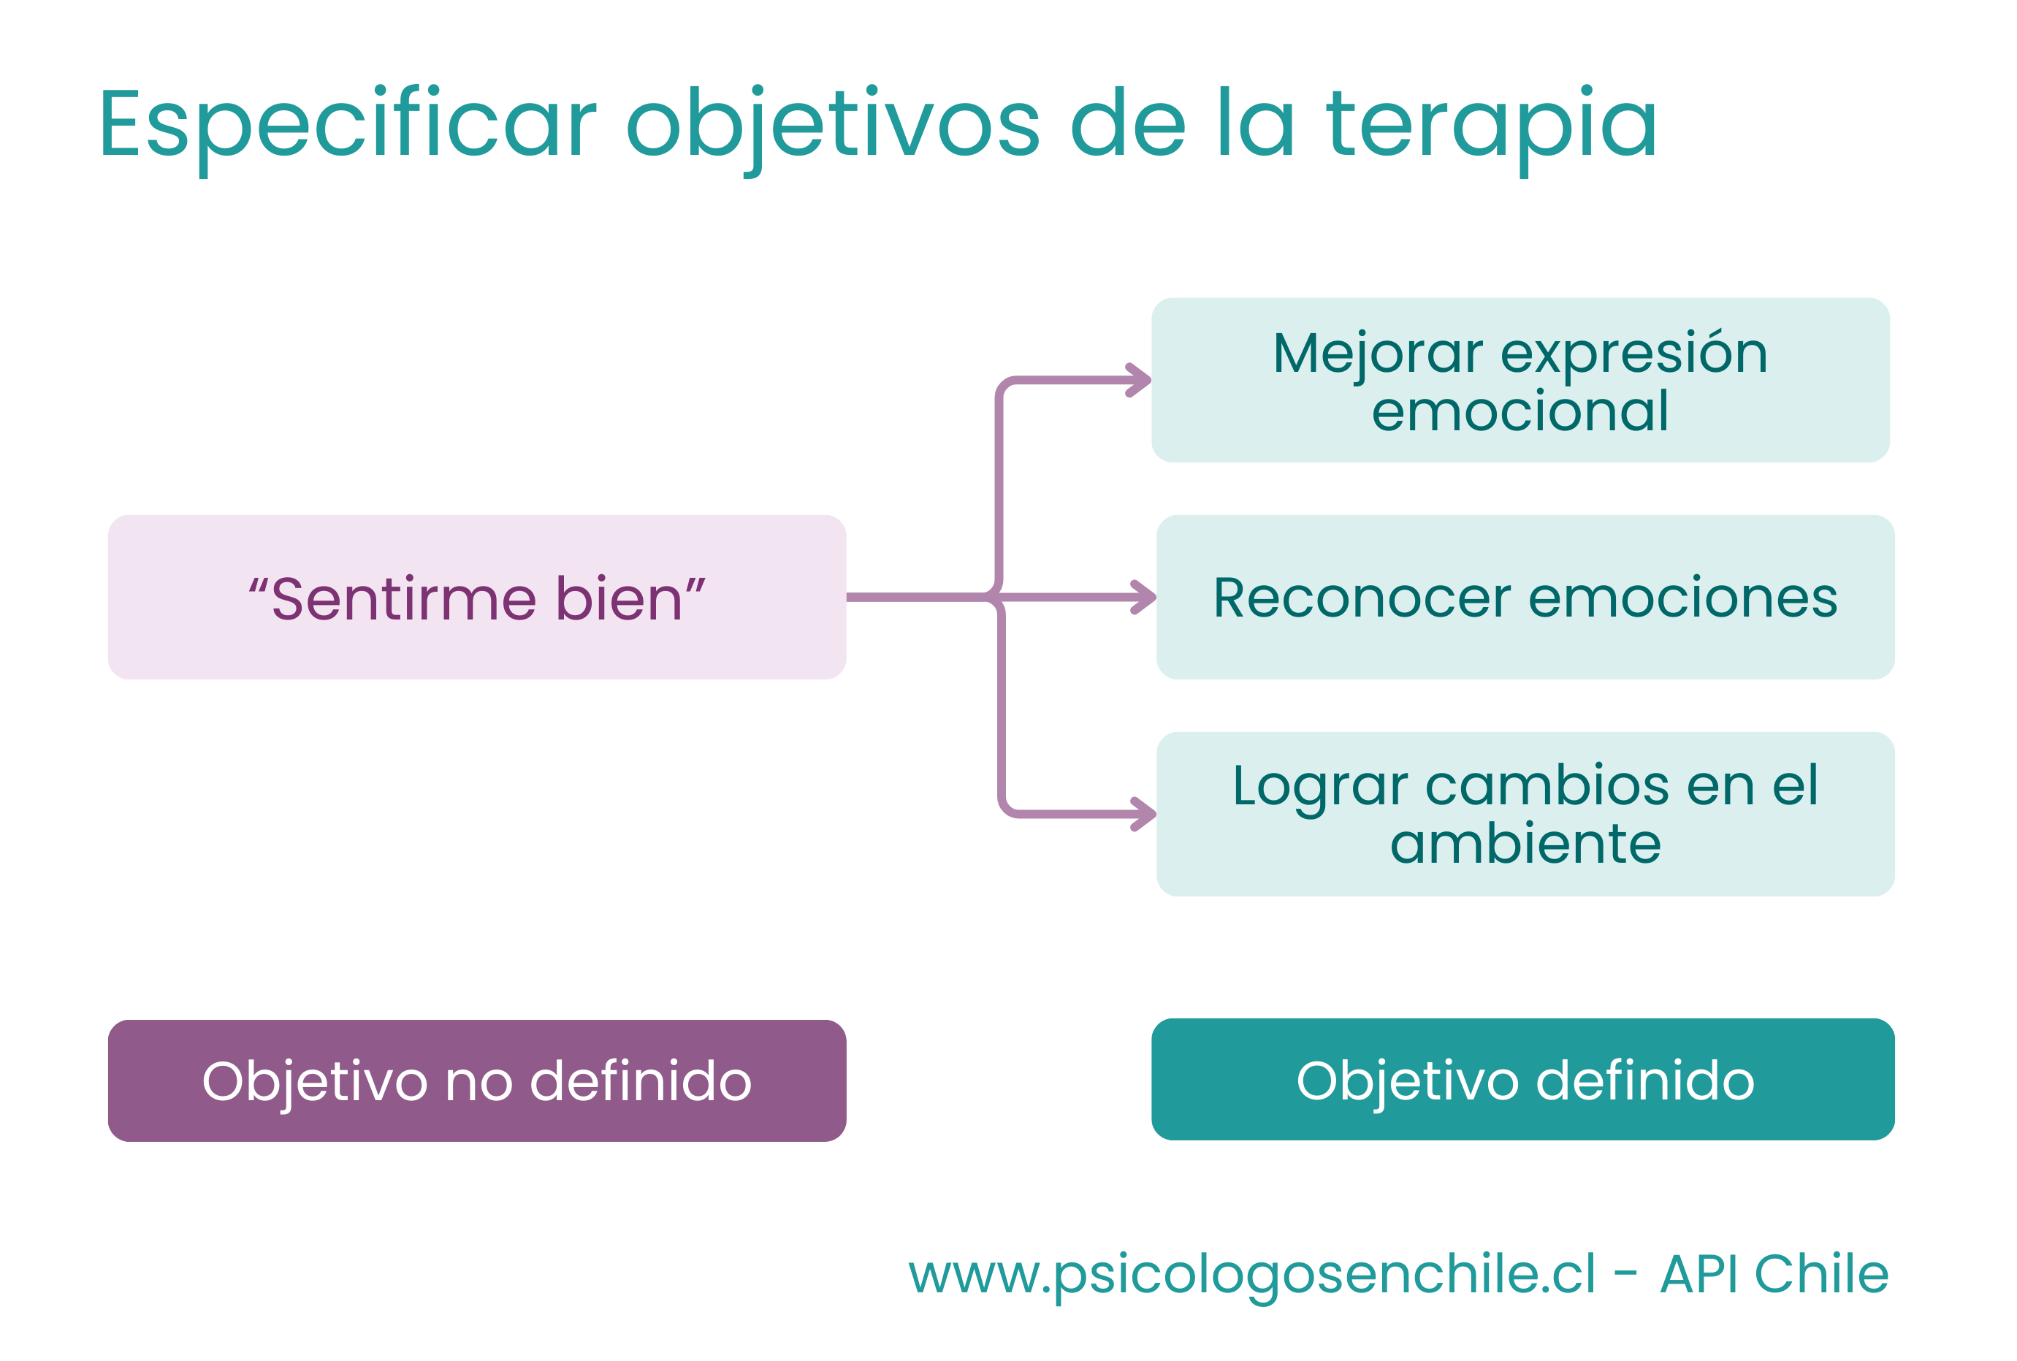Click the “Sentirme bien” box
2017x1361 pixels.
click(476, 597)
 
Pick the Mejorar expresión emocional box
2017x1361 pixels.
click(1520, 380)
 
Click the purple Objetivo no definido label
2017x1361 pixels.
click(476, 1080)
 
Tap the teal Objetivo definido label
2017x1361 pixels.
click(1523, 1080)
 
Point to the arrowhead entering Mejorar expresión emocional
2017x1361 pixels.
click(1140, 380)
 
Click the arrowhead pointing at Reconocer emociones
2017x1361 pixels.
click(1145, 597)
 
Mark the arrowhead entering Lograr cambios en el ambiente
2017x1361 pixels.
click(1145, 814)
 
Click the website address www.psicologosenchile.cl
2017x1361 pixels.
click(1251, 1275)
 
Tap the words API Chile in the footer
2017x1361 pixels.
click(1775, 1274)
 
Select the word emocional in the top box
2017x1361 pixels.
click(1520, 411)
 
